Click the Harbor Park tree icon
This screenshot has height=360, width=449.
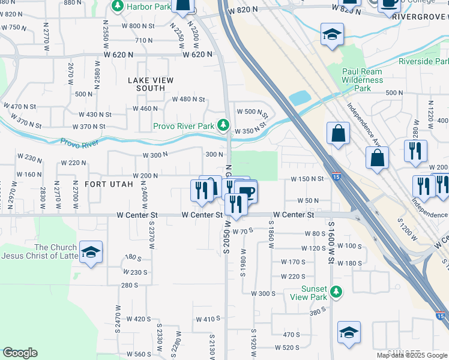(117, 7)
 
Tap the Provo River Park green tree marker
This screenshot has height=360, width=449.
(223, 125)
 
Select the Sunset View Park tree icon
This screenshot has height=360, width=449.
(337, 292)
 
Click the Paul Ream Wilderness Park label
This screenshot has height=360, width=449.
(362, 80)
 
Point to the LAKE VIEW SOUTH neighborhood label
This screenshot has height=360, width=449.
(151, 84)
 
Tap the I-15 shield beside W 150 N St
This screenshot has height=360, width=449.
(336, 178)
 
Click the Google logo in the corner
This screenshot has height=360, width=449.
(20, 353)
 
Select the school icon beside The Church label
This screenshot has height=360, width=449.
(91, 251)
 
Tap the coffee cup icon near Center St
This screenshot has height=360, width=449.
(246, 193)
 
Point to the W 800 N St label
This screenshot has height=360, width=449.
(137, 26)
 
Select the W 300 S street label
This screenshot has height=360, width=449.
(263, 293)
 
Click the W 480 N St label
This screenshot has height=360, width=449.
(188, 100)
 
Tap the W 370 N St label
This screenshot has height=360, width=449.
(89, 127)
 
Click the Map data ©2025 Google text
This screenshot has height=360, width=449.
(412, 355)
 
